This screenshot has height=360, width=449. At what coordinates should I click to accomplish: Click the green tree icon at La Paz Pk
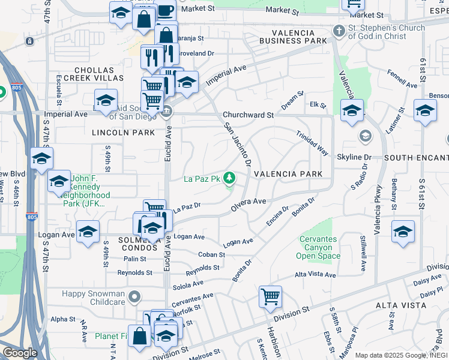click(229, 178)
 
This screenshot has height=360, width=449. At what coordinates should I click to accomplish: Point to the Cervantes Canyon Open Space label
click(320, 248)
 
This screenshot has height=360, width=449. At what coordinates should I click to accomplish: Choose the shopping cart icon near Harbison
click(271, 296)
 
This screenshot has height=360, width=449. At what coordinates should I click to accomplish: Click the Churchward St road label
click(248, 115)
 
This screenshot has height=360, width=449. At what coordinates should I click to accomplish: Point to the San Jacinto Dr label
click(237, 145)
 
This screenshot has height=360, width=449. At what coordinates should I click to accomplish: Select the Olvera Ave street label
click(248, 204)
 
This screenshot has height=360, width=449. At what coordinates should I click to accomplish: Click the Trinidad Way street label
click(312, 143)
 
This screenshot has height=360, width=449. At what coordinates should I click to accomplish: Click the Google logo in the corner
click(20, 353)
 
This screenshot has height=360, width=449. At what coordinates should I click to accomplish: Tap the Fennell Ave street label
click(402, 79)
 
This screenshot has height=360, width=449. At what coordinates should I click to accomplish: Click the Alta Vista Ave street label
click(315, 274)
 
